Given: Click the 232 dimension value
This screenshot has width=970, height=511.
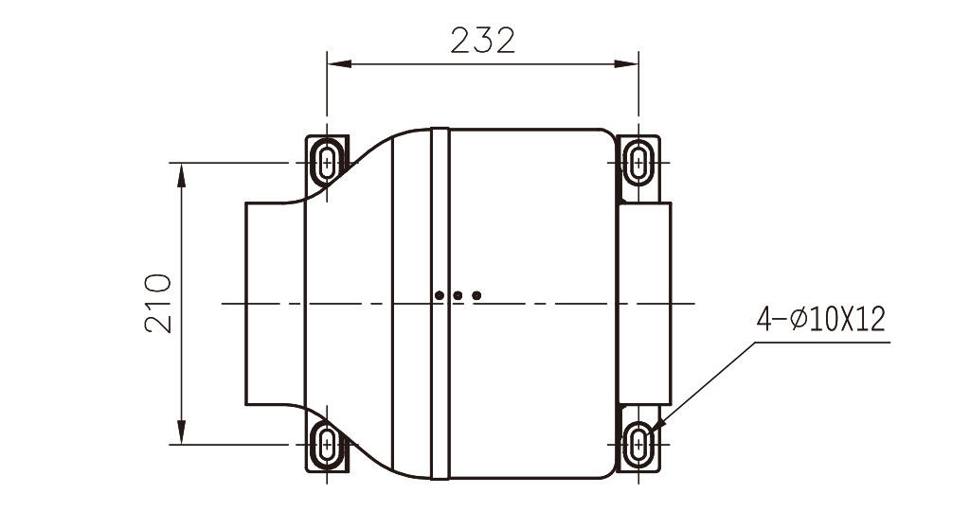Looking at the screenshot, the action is coord(482,41).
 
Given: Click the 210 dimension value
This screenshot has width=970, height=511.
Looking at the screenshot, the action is coord(158,304).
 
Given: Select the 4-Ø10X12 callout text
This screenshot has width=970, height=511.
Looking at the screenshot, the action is coord(821,320).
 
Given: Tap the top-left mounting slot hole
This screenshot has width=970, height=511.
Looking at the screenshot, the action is coord(327,163).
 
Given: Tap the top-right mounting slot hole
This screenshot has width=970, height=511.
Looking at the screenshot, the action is coord(638,163).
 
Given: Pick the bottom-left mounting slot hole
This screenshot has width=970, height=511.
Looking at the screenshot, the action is coord(327,444).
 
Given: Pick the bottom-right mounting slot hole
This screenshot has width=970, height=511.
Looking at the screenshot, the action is coord(638,444).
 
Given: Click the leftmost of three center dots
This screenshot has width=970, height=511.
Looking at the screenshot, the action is coord(440,295).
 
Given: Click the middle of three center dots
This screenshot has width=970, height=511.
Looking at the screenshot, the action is coord(458,295).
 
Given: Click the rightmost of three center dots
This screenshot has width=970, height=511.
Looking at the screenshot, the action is coord(476,295).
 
